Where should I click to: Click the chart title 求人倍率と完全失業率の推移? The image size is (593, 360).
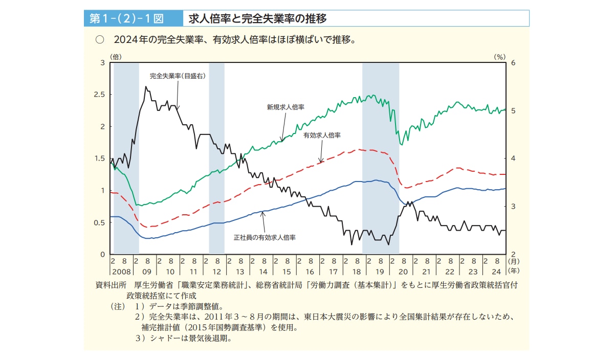pyautogui.click(x=257, y=19)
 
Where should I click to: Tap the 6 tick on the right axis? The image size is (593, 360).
pyautogui.click(x=513, y=63)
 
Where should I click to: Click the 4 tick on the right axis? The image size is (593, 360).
pyautogui.click(x=513, y=159)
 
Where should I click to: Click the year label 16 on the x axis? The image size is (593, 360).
pyautogui.click(x=310, y=271)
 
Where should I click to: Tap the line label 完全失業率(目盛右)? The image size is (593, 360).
pyautogui.click(x=177, y=76)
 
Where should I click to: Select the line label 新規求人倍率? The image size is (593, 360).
pyautogui.click(x=285, y=107)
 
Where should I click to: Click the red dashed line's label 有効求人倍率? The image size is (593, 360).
pyautogui.click(x=322, y=136)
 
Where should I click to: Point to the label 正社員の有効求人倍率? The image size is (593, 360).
pyautogui.click(x=265, y=238)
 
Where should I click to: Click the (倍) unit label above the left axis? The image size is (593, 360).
pyautogui.click(x=115, y=57)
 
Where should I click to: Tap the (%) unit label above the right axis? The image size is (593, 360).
pyautogui.click(x=499, y=57)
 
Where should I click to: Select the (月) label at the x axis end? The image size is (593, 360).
pyautogui.click(x=513, y=261)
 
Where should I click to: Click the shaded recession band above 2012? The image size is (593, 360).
pyautogui.click(x=216, y=153)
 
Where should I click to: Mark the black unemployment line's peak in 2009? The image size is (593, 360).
pyautogui.click(x=146, y=87)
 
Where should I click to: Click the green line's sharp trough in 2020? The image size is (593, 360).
pyautogui.click(x=402, y=145)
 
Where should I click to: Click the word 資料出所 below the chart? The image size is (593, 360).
pyautogui.click(x=111, y=285)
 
